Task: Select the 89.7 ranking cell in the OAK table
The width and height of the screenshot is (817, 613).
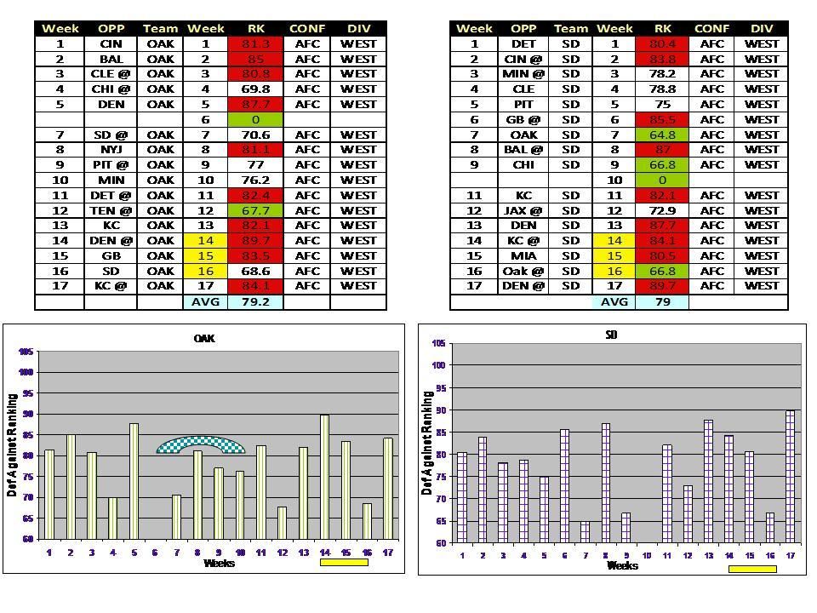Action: click(x=255, y=241)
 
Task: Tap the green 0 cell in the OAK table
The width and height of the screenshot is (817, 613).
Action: click(x=255, y=120)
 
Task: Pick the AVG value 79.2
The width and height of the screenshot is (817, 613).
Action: click(x=255, y=301)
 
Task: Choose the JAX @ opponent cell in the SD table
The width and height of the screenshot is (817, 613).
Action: click(x=523, y=210)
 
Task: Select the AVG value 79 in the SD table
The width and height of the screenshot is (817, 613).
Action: click(x=662, y=301)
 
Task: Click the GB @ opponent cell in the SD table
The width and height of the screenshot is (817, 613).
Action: click(x=523, y=120)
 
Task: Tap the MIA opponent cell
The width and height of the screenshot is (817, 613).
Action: click(x=523, y=255)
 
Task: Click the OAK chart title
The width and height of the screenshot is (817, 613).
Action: click(x=204, y=338)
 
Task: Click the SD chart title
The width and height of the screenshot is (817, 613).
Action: click(x=611, y=335)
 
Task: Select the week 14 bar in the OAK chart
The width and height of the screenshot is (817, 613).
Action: click(x=324, y=477)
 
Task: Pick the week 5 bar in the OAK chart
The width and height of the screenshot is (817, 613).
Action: click(x=134, y=481)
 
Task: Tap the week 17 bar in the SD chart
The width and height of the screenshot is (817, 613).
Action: click(x=791, y=477)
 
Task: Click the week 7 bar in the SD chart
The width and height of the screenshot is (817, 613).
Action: click(x=585, y=532)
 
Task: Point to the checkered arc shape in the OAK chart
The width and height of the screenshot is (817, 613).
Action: click(x=201, y=444)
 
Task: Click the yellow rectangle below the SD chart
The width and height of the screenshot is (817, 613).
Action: click(x=751, y=569)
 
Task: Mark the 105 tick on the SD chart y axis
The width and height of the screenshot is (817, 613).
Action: click(x=439, y=343)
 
